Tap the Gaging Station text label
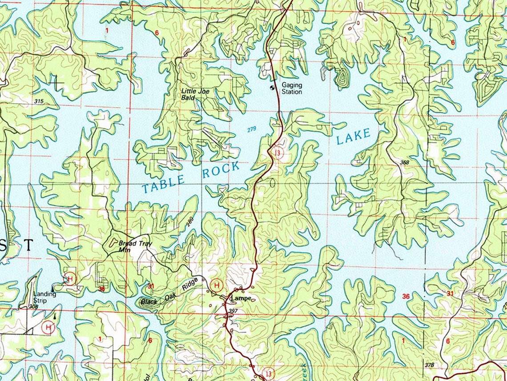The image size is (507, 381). point(291,88)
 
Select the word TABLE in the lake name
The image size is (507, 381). point(164,183)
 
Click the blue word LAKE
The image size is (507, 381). point(353,136)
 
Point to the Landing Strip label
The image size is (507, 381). point(45,297)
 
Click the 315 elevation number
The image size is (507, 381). point(39,102)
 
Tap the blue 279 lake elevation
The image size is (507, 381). point(252,129)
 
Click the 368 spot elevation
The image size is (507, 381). point(404,163)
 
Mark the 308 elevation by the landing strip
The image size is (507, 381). point(33,307)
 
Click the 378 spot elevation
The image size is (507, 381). point(429,365)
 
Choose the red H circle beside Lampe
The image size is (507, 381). point(217,285)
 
